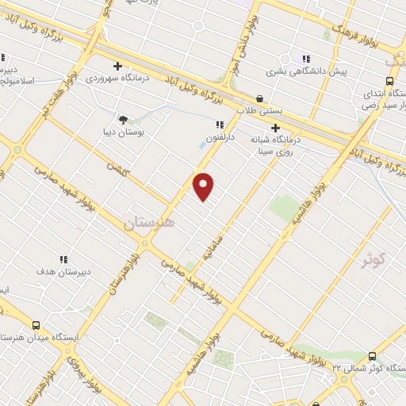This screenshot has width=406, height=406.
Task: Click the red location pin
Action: pos(204,186)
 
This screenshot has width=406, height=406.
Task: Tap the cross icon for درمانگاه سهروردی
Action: pos(117,67)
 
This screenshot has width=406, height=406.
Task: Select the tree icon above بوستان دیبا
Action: pos(123,118)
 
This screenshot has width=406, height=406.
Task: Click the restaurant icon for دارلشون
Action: pos(220,124)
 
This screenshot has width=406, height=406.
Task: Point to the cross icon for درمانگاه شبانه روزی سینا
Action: pos(275,128)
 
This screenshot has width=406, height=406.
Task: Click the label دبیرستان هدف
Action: pos(63,271)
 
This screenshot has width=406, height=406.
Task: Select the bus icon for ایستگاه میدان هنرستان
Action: pos(36,325)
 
